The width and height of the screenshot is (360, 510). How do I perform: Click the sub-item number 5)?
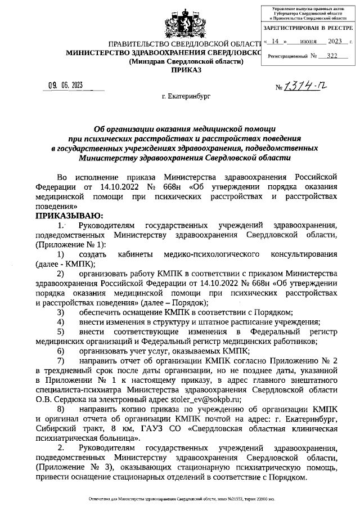pos(60,332)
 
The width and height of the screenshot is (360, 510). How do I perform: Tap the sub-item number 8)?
pos(60,409)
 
